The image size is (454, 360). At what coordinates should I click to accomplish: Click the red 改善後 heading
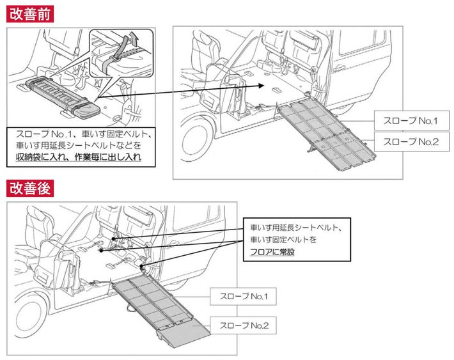[29, 188]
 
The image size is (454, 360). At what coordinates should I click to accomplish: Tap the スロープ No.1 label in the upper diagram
[408, 120]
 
